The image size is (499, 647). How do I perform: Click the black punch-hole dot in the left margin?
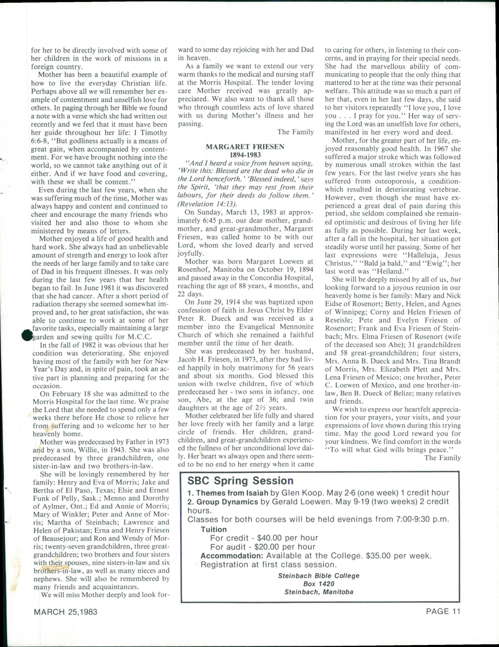pos(27,335)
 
